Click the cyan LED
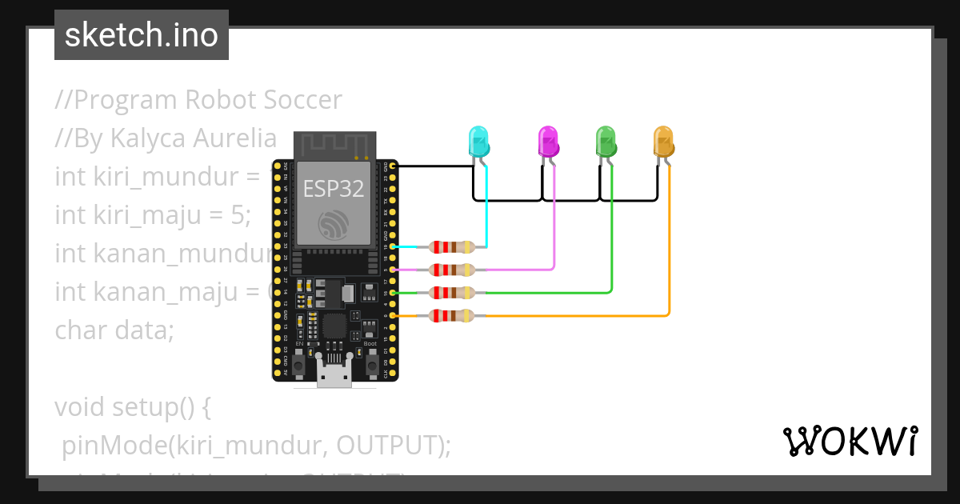point(478,142)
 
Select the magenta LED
point(548,142)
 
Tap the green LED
point(606,142)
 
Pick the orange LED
point(663,142)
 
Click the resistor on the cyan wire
point(452,247)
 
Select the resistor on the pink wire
point(452,270)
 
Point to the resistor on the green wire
point(452,293)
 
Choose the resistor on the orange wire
point(452,316)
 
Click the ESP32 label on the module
point(334,189)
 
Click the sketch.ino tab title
point(142,35)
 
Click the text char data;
point(114,330)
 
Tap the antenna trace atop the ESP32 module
point(334,146)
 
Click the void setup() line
point(133,406)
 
